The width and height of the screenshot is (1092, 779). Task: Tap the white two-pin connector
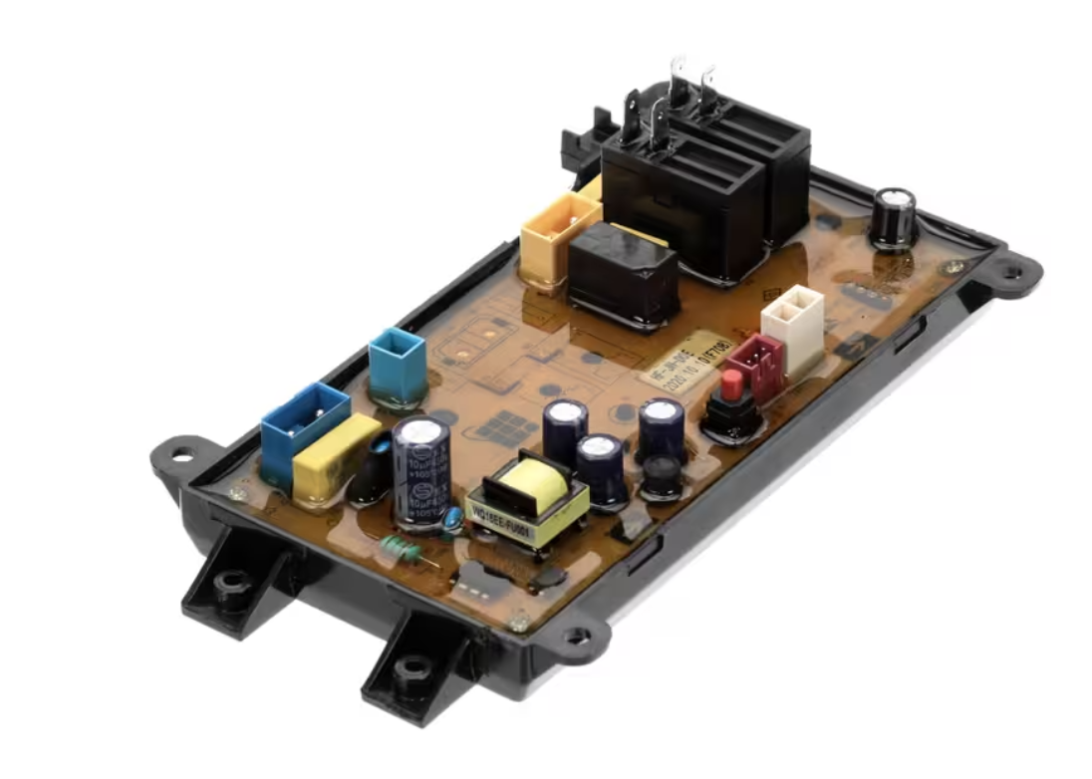point(793,318)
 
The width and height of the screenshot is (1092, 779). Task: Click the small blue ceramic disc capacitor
point(453,518)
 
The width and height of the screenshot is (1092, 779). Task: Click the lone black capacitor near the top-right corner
point(893,218)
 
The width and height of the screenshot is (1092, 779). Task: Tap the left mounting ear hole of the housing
point(181,454)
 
